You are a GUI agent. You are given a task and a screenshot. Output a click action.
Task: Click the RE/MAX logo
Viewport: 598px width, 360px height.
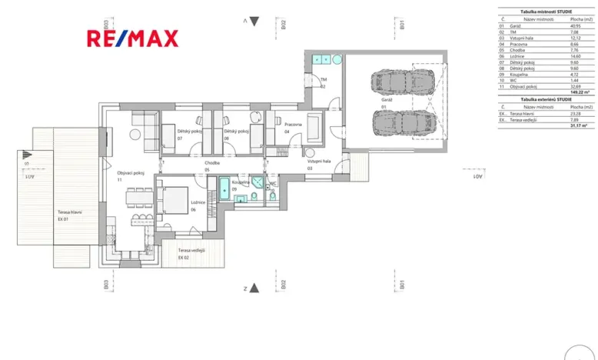131,38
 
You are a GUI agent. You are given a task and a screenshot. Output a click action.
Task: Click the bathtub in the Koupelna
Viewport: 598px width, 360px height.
224,188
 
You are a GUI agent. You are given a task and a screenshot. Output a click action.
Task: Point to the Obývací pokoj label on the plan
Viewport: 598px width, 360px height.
131,173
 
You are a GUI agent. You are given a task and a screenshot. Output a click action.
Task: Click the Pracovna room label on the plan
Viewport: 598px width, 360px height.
293,124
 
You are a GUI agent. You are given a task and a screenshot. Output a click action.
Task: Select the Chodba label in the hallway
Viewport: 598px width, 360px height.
212,163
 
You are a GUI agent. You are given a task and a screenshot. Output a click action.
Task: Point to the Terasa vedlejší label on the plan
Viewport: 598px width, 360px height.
191,251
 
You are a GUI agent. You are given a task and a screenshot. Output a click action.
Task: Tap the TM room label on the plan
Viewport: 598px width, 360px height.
324,79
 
